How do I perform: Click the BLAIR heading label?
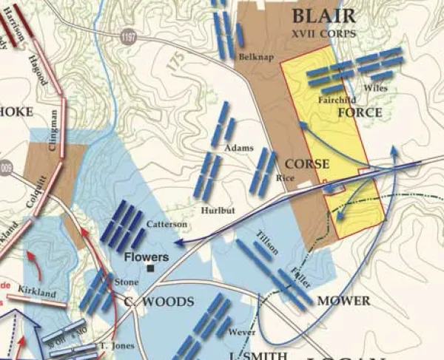pos(323,16)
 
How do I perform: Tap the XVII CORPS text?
pos(323,33)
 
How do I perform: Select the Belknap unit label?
pos(252,56)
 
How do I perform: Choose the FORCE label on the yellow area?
pos(360,113)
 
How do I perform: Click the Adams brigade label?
pos(235,148)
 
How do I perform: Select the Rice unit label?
pos(280,177)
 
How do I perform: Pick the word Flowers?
pos(146,257)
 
